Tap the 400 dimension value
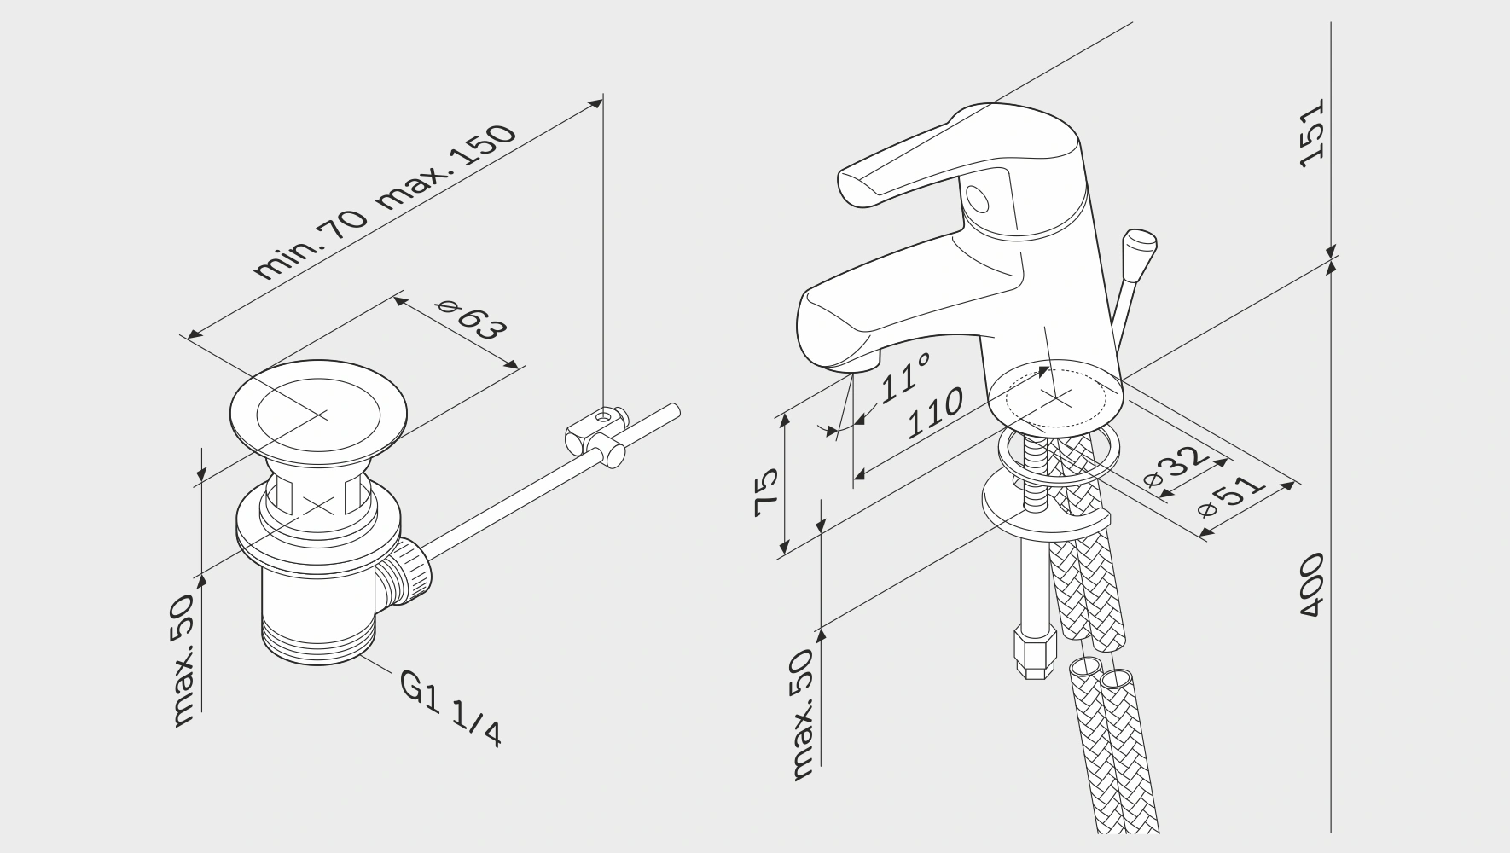pyautogui.click(x=1311, y=585)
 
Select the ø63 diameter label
pyautogui.click(x=470, y=316)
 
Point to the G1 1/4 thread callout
pyautogui.click(x=451, y=707)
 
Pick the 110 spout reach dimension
pyautogui.click(x=935, y=414)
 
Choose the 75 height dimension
pyautogui.click(x=768, y=493)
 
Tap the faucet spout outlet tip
pyautogui.click(x=854, y=364)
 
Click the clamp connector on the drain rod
pyautogui.click(x=596, y=434)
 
